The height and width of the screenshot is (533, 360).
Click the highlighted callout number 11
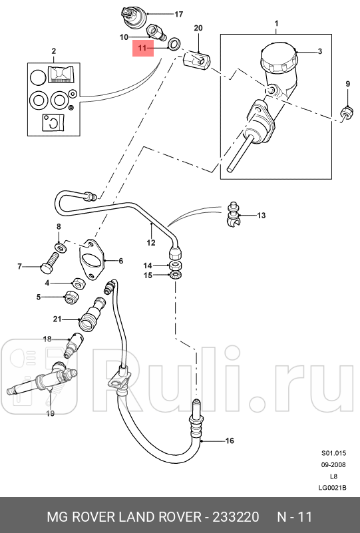(141, 48)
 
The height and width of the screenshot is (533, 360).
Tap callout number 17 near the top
(178, 14)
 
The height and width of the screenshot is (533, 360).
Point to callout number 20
(197, 27)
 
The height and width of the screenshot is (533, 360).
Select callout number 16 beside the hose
(230, 441)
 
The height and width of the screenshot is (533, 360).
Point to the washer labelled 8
(61, 248)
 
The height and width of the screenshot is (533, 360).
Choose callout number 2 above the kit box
(53, 51)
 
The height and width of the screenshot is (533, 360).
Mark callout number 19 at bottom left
(50, 413)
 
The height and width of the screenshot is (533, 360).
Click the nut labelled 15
(176, 275)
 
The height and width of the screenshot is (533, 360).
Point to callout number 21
(57, 319)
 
